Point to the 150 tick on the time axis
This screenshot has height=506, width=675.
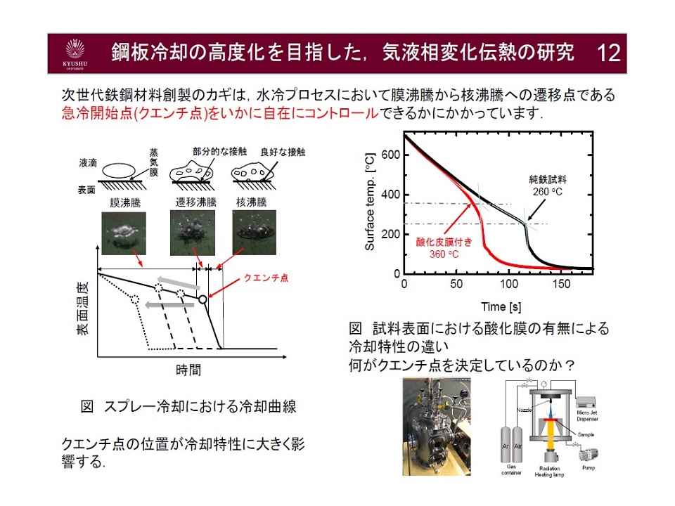561,284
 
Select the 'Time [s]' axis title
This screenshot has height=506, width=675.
496,306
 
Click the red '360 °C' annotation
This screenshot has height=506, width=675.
444,254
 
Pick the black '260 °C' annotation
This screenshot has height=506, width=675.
546,190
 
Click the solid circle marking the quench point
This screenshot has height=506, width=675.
202,299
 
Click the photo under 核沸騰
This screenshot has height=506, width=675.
253,232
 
